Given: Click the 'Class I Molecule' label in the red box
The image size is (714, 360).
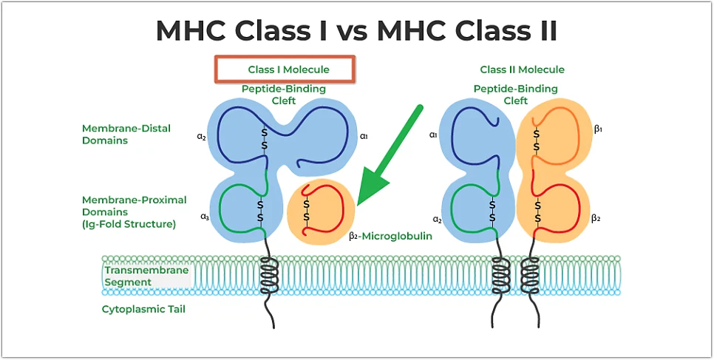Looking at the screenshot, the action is coord(288,69).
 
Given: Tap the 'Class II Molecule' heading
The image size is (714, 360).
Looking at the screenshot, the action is coord(523,69).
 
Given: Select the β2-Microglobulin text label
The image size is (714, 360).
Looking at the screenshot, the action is coord(390,236).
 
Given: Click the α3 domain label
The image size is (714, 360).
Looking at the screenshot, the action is coord(205,217).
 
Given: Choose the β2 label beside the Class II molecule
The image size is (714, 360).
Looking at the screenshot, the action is coord(596,218).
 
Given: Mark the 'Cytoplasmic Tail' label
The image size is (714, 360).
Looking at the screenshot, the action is coord(143,310).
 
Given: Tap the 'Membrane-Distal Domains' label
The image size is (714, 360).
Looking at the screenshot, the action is coord(126,135).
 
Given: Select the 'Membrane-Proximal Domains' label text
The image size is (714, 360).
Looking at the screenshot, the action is coord(135,212).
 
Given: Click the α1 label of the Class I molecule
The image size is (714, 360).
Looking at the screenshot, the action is coord(364,136).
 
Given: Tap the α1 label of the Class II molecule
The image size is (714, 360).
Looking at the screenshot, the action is coord(432,135).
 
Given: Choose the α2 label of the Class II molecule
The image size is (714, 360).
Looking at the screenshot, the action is coord(437,220).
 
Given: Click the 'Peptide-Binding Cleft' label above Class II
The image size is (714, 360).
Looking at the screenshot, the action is coord(515,95).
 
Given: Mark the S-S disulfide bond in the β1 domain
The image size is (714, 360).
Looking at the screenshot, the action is coord(537,140).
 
